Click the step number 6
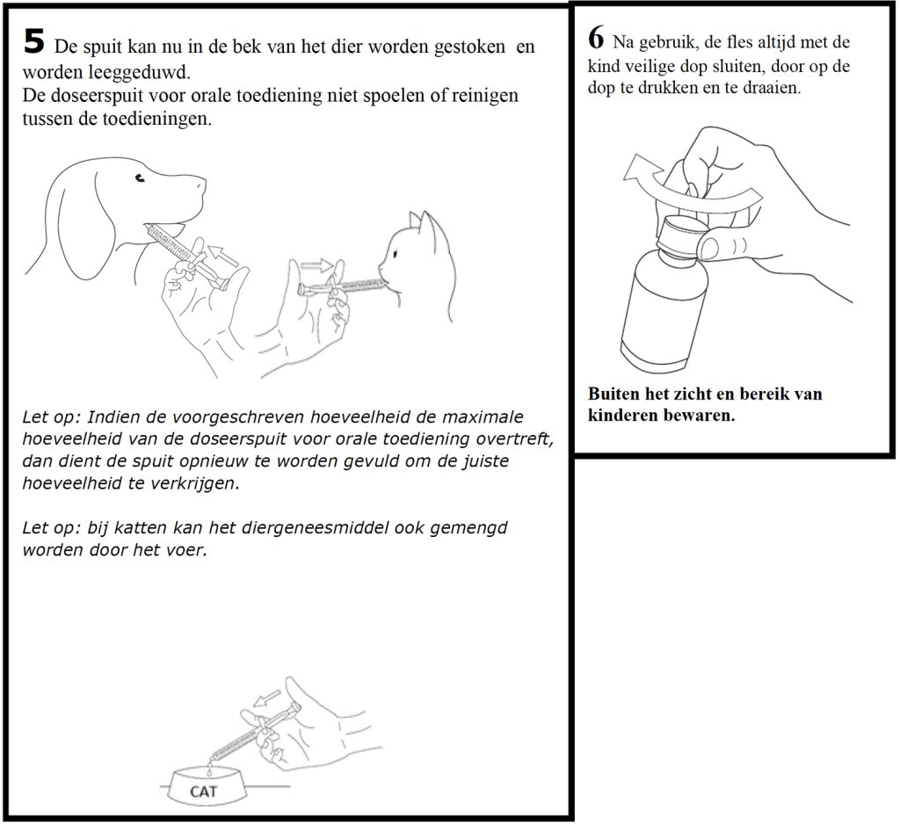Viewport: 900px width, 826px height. point(595,39)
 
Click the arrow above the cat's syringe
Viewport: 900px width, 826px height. point(318,264)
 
